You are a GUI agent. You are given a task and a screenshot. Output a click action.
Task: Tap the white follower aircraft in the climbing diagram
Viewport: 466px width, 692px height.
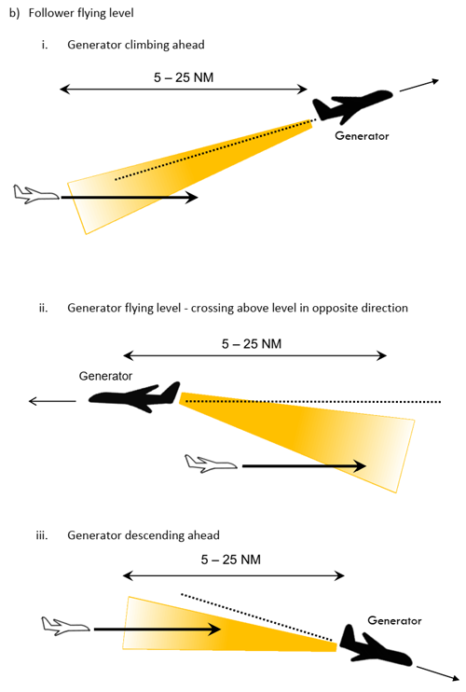pyautogui.click(x=35, y=194)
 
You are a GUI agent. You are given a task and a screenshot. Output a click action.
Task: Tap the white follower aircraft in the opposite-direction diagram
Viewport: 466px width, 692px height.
pyautogui.click(x=211, y=464)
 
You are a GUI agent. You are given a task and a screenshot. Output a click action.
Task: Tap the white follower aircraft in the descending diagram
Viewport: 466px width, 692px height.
pyautogui.click(x=66, y=626)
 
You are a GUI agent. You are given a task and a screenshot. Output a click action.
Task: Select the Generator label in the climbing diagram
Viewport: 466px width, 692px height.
pyautogui.click(x=362, y=136)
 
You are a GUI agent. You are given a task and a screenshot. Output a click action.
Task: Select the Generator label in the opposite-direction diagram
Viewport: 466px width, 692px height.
pyautogui.click(x=105, y=376)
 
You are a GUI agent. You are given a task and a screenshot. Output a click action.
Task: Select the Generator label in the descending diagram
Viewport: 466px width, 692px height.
pyautogui.click(x=394, y=620)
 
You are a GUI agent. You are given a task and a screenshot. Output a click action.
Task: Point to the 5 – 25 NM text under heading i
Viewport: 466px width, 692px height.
pyautogui.click(x=184, y=77)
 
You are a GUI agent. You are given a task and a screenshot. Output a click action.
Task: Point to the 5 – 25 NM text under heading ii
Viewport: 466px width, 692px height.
pyautogui.click(x=252, y=344)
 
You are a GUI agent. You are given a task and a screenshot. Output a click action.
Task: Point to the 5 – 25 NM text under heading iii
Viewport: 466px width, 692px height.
pyautogui.click(x=230, y=560)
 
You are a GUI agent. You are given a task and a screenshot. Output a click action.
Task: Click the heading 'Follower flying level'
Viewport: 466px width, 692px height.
pyautogui.click(x=81, y=13)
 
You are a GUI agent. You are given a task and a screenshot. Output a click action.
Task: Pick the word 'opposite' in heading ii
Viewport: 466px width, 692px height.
pyautogui.click(x=332, y=308)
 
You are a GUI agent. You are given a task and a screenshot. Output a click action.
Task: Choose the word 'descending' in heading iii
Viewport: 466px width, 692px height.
pyautogui.click(x=156, y=535)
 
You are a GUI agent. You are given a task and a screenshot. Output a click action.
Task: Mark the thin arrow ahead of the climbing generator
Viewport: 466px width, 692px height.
pyautogui.click(x=419, y=86)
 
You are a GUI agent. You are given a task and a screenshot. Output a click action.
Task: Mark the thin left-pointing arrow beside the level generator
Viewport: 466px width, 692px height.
pyautogui.click(x=52, y=401)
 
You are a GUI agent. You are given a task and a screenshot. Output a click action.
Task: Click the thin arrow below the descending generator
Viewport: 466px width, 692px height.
pyautogui.click(x=438, y=673)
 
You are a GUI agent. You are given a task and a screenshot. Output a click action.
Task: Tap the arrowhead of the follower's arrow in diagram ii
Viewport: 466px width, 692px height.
pyautogui.click(x=361, y=465)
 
